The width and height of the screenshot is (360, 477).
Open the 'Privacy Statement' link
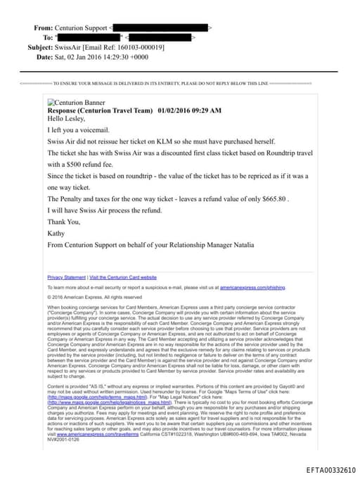coord(67,277)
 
